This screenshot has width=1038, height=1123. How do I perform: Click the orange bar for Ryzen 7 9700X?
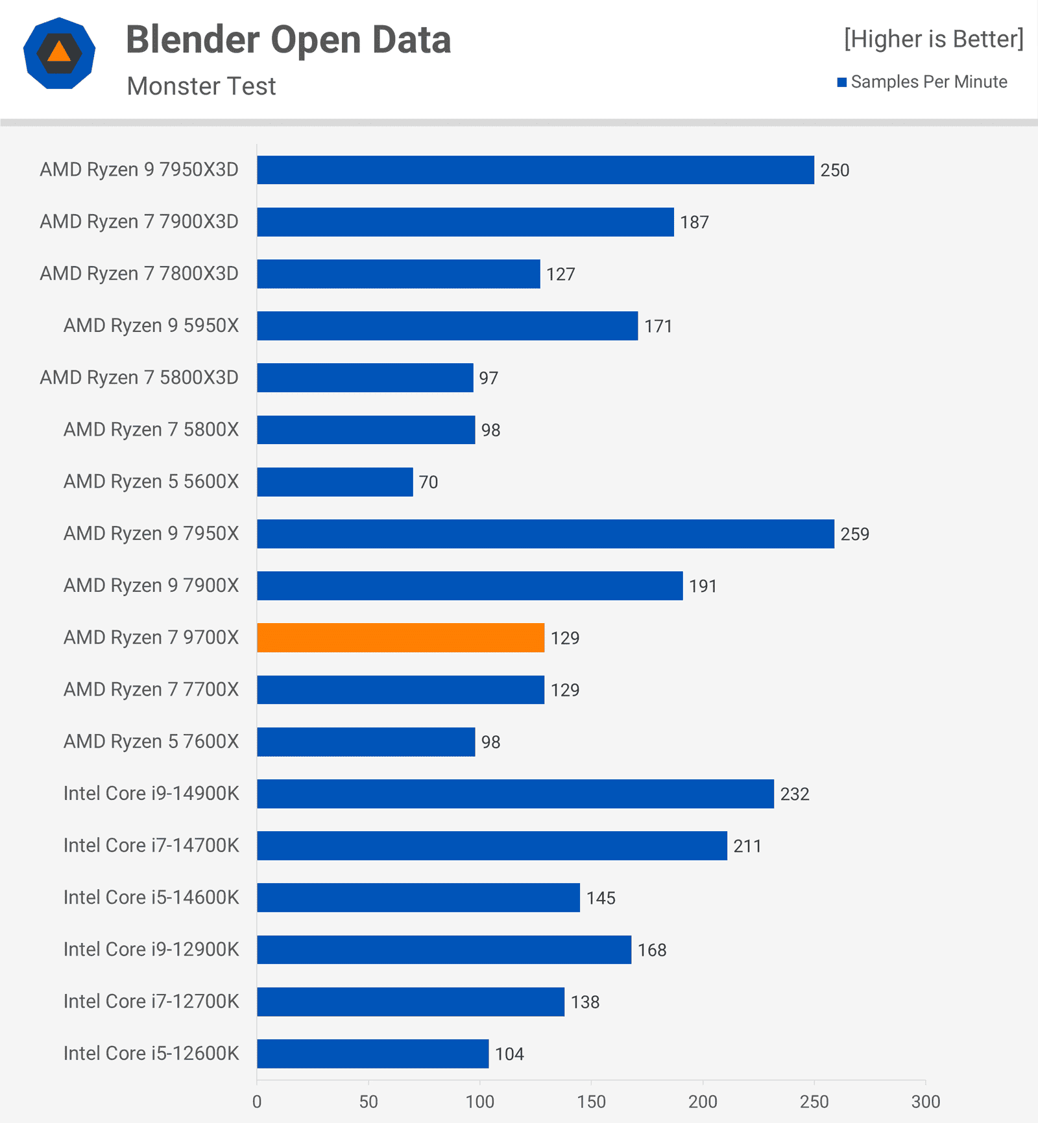tap(400, 637)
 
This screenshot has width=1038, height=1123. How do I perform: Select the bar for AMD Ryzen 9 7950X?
tap(545, 534)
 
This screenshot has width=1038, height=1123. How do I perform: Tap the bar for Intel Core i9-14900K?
tap(515, 794)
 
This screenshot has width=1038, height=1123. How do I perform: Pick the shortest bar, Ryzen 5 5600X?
tap(335, 482)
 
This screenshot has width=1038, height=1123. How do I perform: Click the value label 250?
tap(834, 171)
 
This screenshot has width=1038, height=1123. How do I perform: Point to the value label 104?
tap(509, 1054)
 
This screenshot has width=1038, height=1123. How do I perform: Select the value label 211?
tap(747, 846)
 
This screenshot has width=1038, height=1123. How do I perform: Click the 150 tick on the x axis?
tap(591, 1102)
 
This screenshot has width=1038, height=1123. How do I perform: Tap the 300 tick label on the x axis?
tap(925, 1102)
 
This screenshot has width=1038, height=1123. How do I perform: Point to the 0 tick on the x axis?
tap(257, 1102)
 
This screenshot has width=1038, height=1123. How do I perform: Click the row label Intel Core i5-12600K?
tap(151, 1053)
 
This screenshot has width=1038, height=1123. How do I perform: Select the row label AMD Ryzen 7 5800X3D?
tap(139, 377)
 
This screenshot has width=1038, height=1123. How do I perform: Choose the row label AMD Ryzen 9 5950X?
tap(151, 325)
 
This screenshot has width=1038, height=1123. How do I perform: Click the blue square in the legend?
tap(842, 82)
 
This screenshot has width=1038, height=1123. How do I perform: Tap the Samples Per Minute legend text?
tap(928, 82)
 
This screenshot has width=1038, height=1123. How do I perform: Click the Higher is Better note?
tap(934, 39)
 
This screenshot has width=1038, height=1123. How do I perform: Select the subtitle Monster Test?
tap(201, 86)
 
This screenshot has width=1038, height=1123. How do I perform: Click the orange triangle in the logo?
tap(59, 52)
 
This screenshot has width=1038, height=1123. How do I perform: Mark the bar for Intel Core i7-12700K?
tap(410, 1002)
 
